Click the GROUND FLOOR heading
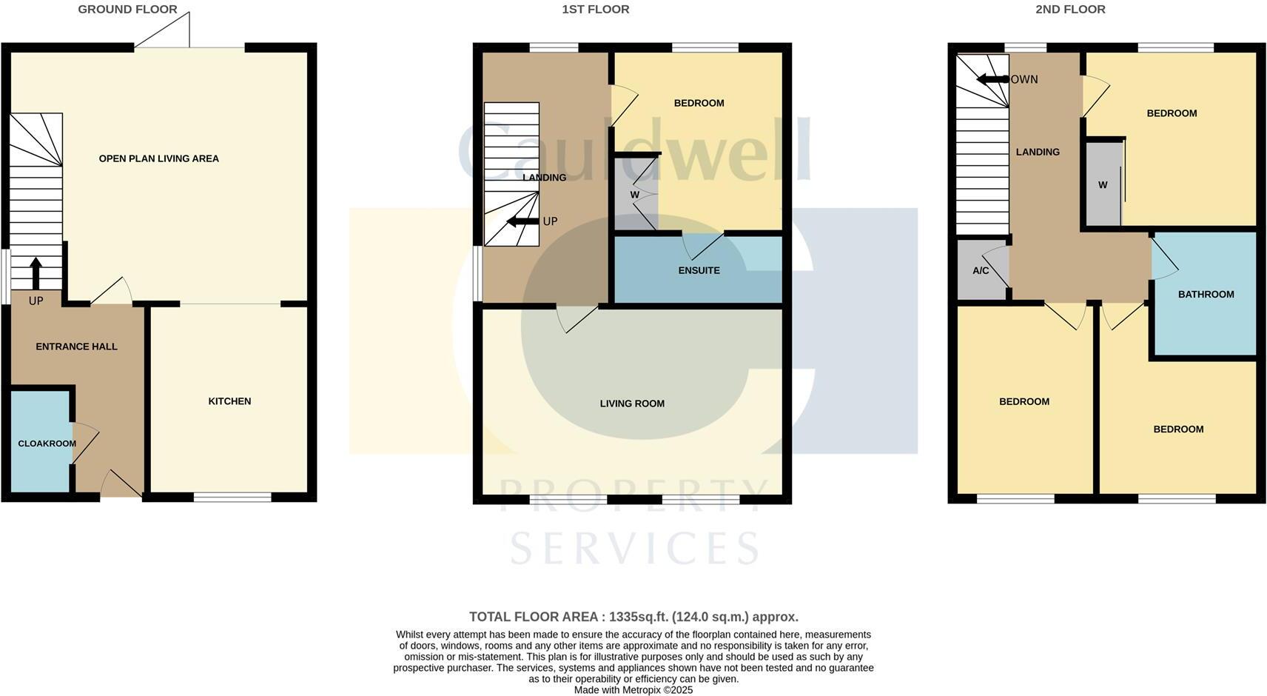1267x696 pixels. coord(127,10)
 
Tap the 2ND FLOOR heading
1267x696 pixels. coord(1069,10)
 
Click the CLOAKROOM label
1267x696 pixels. coord(47,444)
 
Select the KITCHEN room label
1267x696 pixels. coord(229,401)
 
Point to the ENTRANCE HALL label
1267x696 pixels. coord(76,347)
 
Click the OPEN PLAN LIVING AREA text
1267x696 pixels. coord(158,158)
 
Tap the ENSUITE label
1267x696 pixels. coord(699,270)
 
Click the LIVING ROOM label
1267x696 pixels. coord(632,404)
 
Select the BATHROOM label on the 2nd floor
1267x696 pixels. coord(1206,294)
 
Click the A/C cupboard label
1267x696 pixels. coord(980,271)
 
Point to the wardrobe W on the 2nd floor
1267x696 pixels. coord(1102,185)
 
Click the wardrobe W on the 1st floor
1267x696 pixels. coord(634,195)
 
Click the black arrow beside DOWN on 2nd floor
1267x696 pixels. coord(992,79)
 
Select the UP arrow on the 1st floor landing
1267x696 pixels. coord(522,221)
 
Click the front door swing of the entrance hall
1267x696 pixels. coord(120,484)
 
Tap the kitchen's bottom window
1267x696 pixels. coord(232,498)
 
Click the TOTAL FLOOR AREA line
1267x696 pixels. coord(633,617)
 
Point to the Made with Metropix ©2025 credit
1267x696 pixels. coord(633,690)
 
